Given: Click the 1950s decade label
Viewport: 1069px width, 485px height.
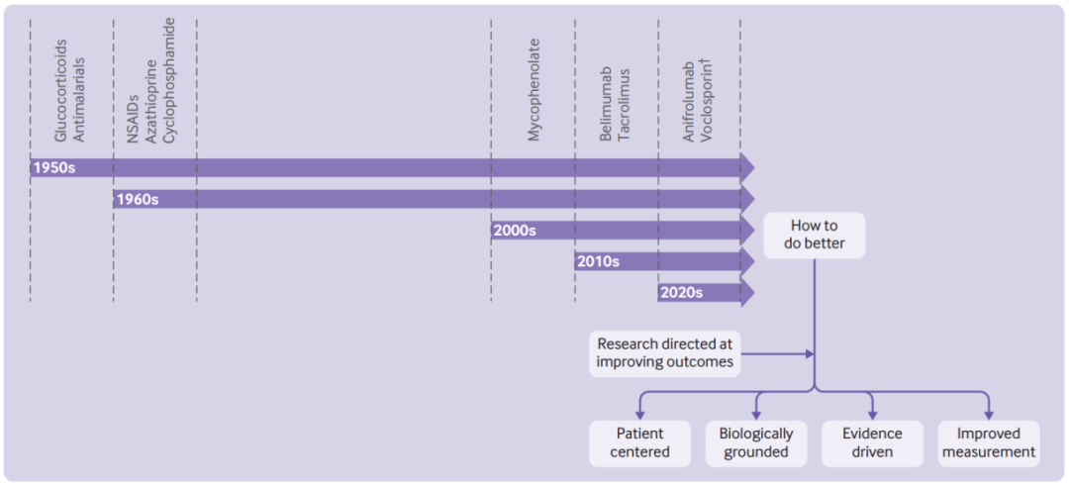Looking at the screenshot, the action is (53, 167).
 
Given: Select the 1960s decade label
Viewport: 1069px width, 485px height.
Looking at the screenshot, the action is (138, 199).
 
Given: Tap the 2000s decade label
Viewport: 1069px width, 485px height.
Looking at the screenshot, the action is (515, 231).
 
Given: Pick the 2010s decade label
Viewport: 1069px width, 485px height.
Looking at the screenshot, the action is (598, 261).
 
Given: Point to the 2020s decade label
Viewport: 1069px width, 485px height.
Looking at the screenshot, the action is (681, 293).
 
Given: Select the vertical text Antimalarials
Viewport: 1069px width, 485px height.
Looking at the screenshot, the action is (80, 100).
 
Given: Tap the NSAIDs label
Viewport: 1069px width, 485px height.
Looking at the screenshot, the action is (134, 119).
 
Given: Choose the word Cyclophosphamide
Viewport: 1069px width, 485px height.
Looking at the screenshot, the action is (170, 80).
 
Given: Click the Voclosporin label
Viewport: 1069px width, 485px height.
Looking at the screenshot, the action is (707, 101).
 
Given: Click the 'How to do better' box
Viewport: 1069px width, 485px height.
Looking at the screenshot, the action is (814, 236).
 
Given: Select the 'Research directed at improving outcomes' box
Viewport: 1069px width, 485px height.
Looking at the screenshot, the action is (664, 353).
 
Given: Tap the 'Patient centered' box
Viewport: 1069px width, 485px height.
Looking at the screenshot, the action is (639, 443).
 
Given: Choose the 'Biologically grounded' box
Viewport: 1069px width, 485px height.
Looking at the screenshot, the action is (756, 443).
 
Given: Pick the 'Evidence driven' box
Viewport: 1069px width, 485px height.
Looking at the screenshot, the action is (873, 443).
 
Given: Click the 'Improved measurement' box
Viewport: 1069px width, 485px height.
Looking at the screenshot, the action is (989, 443).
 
